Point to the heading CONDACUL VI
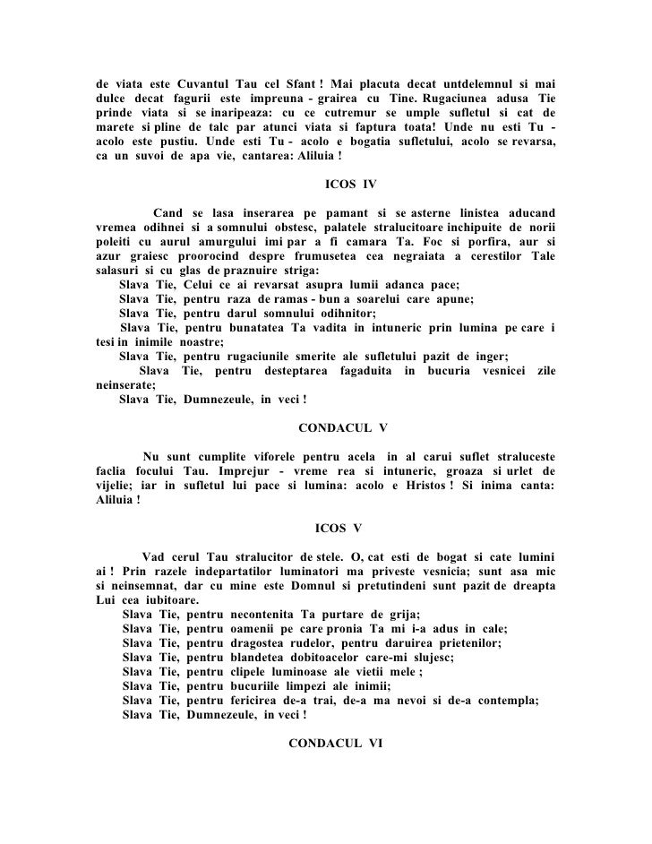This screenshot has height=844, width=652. (336, 743)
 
